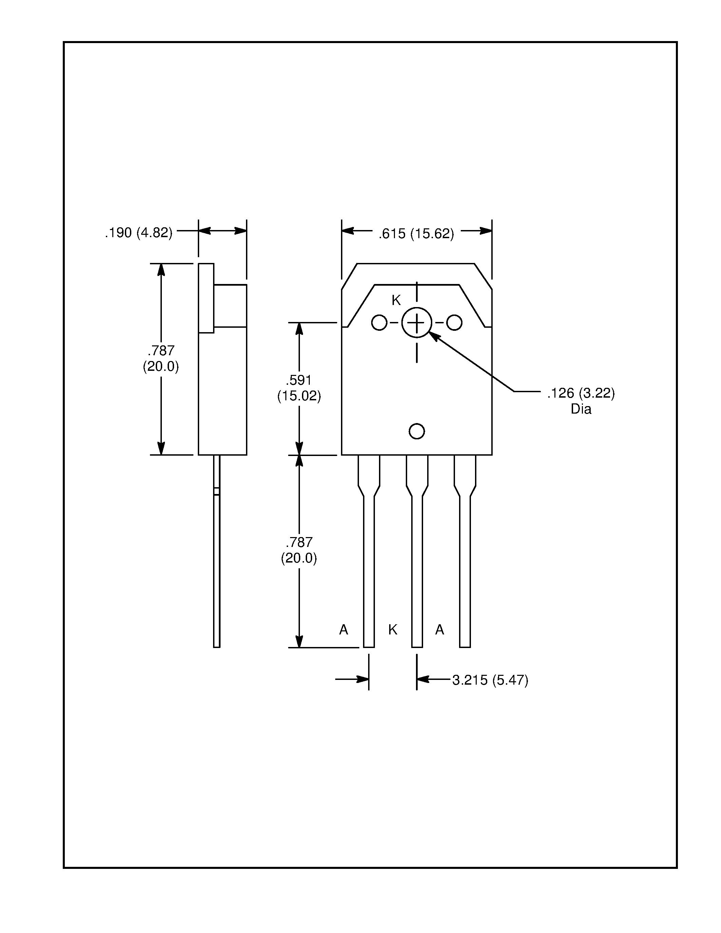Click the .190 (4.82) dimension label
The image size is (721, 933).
click(139, 233)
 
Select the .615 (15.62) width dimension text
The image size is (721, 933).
click(416, 234)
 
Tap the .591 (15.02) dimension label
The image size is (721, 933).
click(299, 388)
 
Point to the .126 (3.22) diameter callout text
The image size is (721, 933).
click(581, 393)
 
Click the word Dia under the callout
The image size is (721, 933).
click(581, 409)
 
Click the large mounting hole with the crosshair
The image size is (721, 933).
click(416, 323)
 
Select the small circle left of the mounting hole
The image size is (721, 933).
click(379, 323)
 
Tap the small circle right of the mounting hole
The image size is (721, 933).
click(454, 323)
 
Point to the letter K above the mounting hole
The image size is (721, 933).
click(396, 301)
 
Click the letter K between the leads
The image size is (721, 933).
click(393, 629)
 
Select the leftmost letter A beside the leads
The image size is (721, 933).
click(343, 629)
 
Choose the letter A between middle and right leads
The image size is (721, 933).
click(439, 629)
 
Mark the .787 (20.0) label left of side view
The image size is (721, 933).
click(161, 358)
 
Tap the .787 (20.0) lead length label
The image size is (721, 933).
click(299, 550)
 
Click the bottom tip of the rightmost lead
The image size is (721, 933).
click(465, 646)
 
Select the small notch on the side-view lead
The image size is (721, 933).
click(216, 491)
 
